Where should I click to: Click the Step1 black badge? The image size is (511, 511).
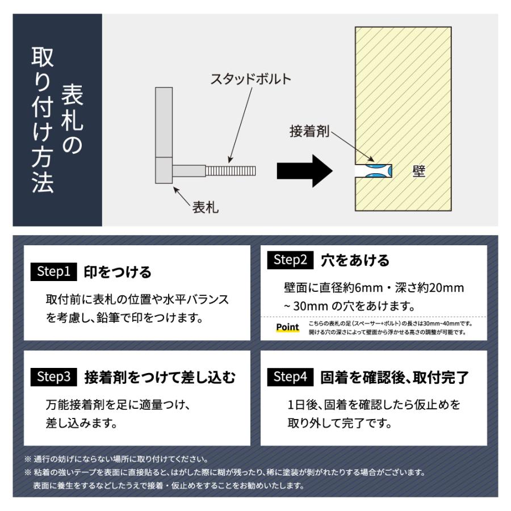tap(54, 271)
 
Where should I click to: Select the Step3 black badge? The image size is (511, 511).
tap(54, 376)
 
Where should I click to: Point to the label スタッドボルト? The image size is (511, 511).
tap(250, 79)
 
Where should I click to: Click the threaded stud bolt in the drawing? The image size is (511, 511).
tap(231, 170)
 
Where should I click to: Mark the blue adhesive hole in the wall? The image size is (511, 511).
tap(373, 171)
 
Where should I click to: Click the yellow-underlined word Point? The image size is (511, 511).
tap(287, 328)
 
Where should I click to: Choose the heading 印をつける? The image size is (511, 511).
tap(118, 272)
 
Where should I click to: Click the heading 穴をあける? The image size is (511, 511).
tap(355, 261)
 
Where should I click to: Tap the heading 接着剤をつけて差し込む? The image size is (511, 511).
tap(159, 377)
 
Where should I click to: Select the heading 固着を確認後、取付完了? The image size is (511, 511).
tap(395, 377)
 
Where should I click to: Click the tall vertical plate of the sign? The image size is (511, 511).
tap(164, 122)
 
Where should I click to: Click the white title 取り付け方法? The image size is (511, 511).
tap(43, 119)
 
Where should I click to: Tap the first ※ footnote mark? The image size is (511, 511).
tap(27, 459)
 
